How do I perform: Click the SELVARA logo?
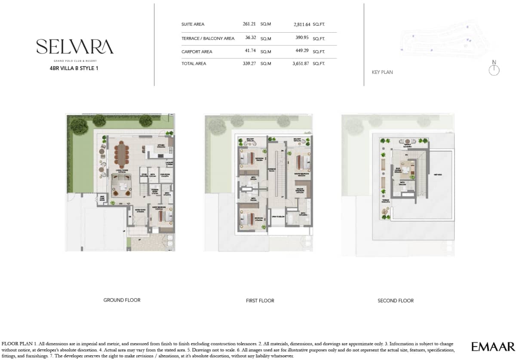coord(75,47)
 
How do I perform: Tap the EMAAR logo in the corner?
coord(492,347)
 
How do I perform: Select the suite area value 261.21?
coord(249,24)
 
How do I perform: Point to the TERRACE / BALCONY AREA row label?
coord(208,38)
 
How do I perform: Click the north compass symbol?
coord(494,70)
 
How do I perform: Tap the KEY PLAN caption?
coord(382,72)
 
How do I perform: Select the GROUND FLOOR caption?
coord(122,300)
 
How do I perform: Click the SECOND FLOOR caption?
coord(396,301)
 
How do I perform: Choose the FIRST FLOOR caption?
coord(260,301)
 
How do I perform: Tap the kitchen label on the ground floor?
coord(162,146)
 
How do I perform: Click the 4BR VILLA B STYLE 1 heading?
coord(74,67)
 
